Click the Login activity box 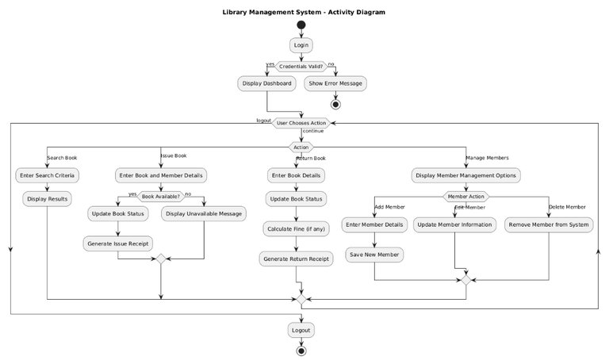[x=301, y=45]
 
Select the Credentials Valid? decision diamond [x=301, y=67]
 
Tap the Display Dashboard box [x=267, y=83]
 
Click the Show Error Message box [x=335, y=83]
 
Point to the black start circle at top [x=301, y=25]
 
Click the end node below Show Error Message [x=335, y=104]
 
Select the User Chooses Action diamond [x=301, y=123]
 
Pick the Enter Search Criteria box [x=47, y=175]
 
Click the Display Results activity [x=47, y=198]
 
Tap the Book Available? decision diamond [x=161, y=195]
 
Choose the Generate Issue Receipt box [x=118, y=243]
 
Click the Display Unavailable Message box [x=204, y=213]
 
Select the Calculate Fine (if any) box [x=296, y=228]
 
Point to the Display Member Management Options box [x=466, y=175]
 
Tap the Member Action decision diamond [x=466, y=196]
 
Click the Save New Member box [x=374, y=255]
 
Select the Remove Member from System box [x=549, y=224]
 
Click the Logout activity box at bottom [x=301, y=330]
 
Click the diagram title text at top [x=304, y=12]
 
